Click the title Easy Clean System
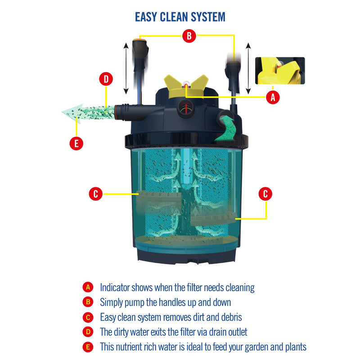tap(180, 17)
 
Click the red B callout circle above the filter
tap(189, 36)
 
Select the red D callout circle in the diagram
tap(106, 80)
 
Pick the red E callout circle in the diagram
tap(76, 144)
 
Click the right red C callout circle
tap(265, 194)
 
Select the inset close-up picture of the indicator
tap(280, 71)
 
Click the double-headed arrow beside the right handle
tap(248, 66)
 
